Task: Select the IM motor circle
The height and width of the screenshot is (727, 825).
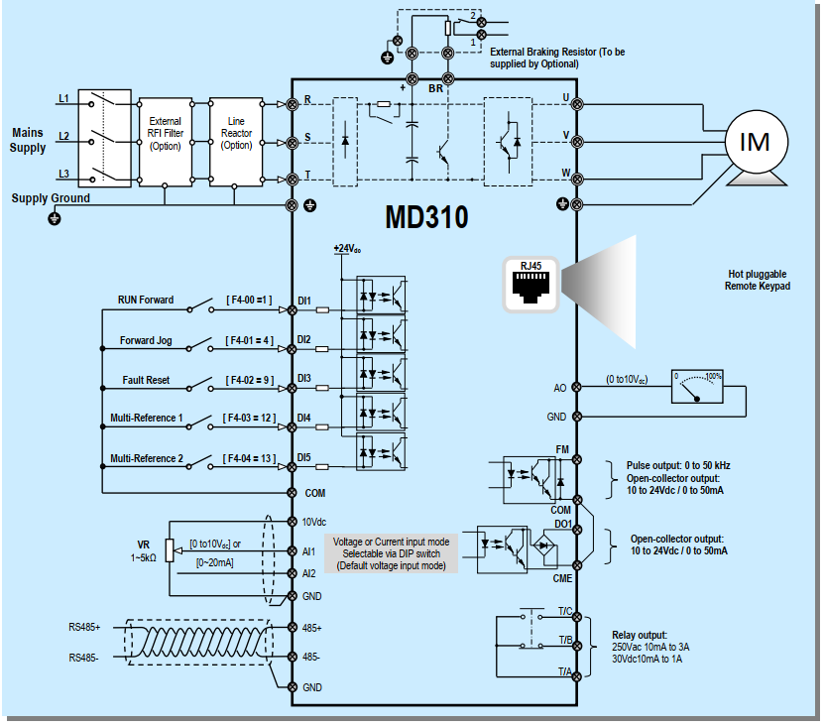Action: click(755, 142)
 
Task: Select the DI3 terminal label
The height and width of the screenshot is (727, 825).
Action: click(304, 379)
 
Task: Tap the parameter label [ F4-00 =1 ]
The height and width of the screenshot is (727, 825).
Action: click(249, 300)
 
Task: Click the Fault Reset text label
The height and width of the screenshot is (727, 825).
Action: click(147, 380)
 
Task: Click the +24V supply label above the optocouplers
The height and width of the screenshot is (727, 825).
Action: click(347, 248)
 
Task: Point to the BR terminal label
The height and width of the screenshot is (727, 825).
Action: click(435, 88)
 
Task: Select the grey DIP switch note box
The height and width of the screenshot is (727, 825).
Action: click(391, 553)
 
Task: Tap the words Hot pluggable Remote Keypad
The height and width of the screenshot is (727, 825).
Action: click(758, 280)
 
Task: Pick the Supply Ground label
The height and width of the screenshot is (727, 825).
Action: click(51, 198)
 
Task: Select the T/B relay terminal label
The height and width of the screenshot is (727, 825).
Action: click(564, 640)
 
